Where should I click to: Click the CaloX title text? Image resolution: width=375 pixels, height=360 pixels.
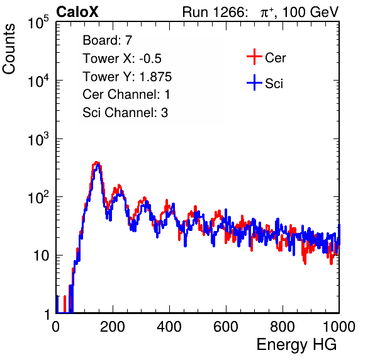pyautogui.click(x=77, y=12)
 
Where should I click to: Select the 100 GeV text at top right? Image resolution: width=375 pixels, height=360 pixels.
pyautogui.click(x=310, y=12)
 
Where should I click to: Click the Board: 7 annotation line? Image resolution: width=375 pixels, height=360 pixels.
pyautogui.click(x=108, y=40)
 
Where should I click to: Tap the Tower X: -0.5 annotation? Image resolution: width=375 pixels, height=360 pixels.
pyautogui.click(x=122, y=59)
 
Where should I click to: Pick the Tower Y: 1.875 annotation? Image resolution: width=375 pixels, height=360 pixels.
pyautogui.click(x=127, y=77)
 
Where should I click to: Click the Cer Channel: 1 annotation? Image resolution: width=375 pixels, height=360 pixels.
pyautogui.click(x=126, y=94)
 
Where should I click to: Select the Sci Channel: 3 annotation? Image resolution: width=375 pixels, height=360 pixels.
pyautogui.click(x=125, y=112)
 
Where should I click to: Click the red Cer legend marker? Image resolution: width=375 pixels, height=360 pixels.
pyautogui.click(x=254, y=57)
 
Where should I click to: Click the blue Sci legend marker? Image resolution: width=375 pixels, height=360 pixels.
pyautogui.click(x=254, y=83)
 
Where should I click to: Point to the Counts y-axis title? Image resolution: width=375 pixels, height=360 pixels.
pyautogui.click(x=9, y=49)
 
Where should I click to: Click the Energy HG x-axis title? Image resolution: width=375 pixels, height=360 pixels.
pyautogui.click(x=296, y=345)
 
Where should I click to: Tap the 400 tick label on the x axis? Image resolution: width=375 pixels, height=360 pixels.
pyautogui.click(x=169, y=327)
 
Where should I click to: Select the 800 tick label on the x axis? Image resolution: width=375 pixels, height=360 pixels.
pyautogui.click(x=283, y=327)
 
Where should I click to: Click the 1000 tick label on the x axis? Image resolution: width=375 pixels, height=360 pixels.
pyautogui.click(x=339, y=327)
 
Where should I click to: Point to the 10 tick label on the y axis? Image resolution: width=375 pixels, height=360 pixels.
pyautogui.click(x=42, y=256)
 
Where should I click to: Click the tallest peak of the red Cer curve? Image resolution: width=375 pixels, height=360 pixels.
pyautogui.click(x=96, y=162)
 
